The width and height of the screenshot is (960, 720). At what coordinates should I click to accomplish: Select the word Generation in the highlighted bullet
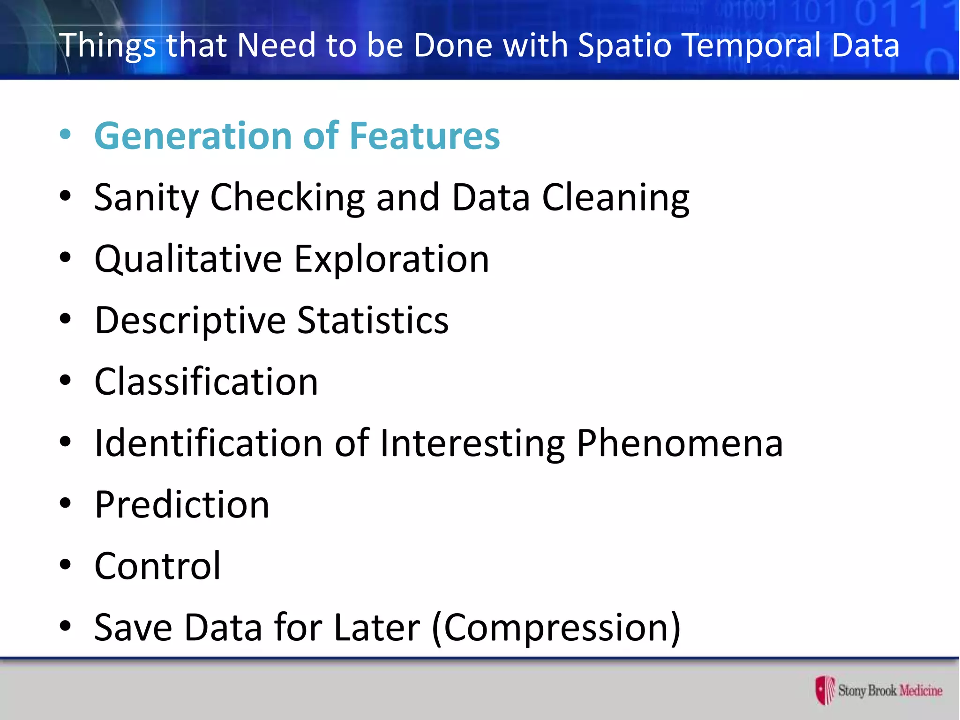193,136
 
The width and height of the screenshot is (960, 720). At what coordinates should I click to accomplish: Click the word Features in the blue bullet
425,136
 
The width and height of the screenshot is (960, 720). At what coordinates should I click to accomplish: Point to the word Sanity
146,198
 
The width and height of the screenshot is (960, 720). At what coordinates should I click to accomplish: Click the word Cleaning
615,198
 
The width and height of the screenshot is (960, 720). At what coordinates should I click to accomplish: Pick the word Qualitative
188,259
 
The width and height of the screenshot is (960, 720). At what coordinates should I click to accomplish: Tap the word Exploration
391,259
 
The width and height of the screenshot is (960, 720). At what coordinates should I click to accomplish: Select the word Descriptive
190,321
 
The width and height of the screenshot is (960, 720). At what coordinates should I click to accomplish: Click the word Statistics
373,321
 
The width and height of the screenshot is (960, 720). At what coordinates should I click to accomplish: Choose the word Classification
206,382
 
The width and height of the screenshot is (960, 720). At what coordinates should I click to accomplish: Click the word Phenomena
680,443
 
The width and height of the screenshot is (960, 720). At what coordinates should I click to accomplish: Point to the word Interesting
472,443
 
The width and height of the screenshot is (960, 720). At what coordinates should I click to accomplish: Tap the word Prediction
182,504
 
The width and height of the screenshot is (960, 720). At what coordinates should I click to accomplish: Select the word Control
157,566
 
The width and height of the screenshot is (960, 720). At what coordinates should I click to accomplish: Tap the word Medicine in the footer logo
921,690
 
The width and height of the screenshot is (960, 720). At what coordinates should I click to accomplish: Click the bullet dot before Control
65,565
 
